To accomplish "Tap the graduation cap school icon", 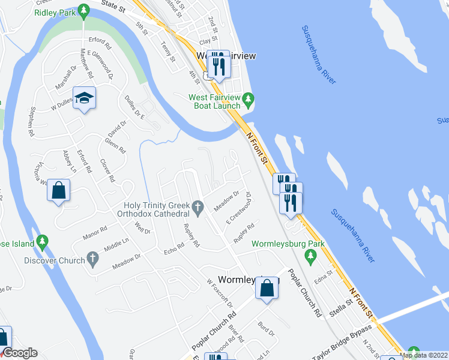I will coord(84,98).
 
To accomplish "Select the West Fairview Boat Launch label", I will coord(214,101).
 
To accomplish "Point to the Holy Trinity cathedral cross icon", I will coord(200,208).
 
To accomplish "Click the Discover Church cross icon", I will coord(92,259).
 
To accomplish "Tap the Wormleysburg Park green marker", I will coord(310,257).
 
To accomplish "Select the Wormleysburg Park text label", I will coord(288,244).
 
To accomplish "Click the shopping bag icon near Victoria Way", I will coord(59,191).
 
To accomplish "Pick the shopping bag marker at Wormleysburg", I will coord(267,288).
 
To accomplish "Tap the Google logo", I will coord(20,353).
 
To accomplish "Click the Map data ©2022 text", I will coord(423,355).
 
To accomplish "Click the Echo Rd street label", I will coord(173,248).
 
